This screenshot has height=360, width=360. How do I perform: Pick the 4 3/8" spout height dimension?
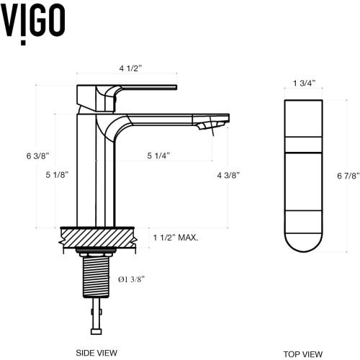pyautogui.click(x=227, y=174)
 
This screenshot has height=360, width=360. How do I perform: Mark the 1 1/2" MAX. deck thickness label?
pyautogui.click(x=175, y=237)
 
